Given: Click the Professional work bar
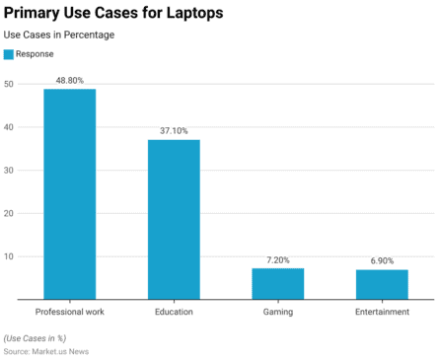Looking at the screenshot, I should pos(69,193).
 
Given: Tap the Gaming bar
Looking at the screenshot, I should pos(277,283).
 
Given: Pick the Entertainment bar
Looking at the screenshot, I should pos(382,284).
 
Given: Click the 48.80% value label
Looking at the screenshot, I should pos(69,79).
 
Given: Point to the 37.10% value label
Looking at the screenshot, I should pos(174,130).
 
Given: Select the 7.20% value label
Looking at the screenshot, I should pos(278,259).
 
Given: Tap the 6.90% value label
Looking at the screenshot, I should pos(382,260).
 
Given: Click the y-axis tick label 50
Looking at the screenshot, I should pos(8,84).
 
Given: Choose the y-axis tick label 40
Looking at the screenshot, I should pos(8,127).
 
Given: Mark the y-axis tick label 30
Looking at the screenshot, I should pos(8,171).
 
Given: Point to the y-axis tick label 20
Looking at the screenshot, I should pos(8,213).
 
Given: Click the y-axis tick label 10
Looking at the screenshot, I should pos(8,256).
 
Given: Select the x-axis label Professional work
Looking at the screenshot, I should pos(69,312).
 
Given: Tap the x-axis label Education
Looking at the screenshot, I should pos(174,312).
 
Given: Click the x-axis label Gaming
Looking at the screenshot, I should pos(277,312).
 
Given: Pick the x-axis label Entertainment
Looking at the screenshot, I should pos(382,312).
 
